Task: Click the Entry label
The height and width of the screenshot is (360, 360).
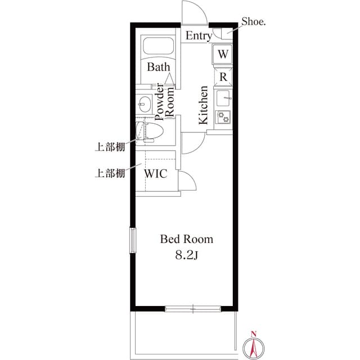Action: pyautogui.click(x=199, y=37)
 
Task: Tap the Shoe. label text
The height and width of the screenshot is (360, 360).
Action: pyautogui.click(x=254, y=22)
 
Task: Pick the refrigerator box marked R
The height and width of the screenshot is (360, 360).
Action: pyautogui.click(x=223, y=76)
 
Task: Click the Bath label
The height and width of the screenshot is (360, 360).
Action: pyautogui.click(x=159, y=67)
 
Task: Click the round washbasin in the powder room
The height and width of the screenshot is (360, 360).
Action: pyautogui.click(x=145, y=103)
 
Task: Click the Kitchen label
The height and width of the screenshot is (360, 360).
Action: pyautogui.click(x=203, y=105)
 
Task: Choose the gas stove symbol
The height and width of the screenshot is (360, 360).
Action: pyautogui.click(x=225, y=117)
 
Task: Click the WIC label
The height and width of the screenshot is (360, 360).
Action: pyautogui.click(x=156, y=174)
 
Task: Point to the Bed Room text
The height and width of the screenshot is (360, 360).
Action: pyautogui.click(x=187, y=239)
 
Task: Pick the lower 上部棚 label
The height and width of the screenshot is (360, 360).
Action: pyautogui.click(x=109, y=173)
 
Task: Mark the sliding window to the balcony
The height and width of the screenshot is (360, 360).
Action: pyautogui.click(x=193, y=308)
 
